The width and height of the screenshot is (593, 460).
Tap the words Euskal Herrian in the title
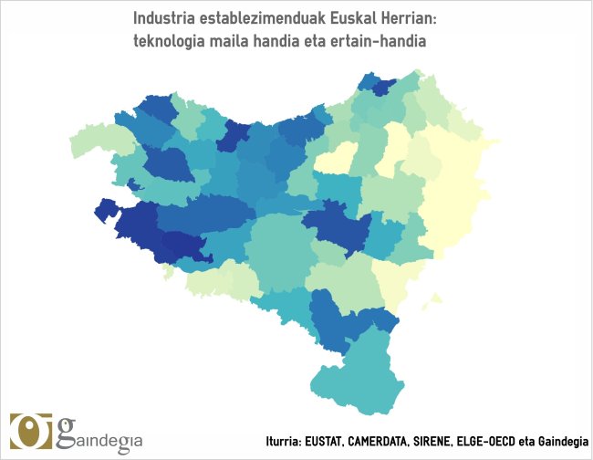(x=389, y=19)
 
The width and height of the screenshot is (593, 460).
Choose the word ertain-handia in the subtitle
(x=383, y=42)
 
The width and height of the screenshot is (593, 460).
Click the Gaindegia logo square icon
(x=31, y=432)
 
